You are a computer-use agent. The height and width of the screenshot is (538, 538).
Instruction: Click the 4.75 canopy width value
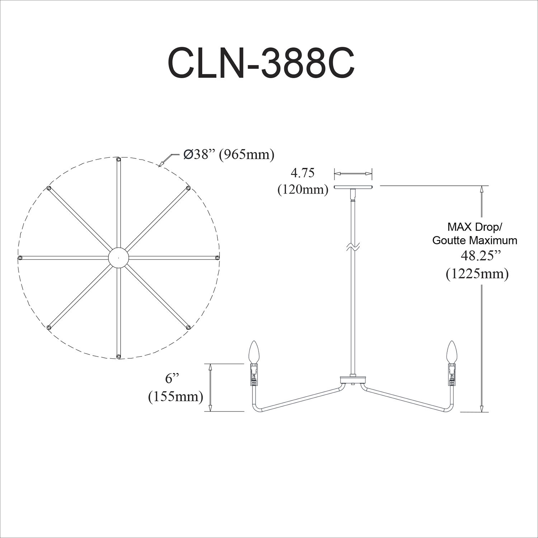[302, 173]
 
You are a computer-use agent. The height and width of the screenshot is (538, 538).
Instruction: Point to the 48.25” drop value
[480, 257]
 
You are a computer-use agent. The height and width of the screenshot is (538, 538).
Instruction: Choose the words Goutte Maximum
[475, 240]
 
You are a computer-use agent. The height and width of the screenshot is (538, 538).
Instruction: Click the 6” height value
[172, 379]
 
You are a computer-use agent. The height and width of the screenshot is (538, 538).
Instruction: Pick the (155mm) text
[176, 396]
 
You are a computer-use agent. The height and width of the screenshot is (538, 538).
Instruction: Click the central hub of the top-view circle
[118, 258]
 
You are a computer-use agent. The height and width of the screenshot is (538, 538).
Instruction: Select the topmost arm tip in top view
[118, 159]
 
